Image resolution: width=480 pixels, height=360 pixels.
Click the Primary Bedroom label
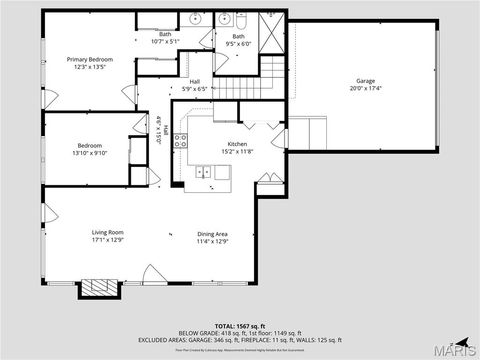[90, 60]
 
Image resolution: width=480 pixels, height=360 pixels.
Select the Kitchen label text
[237, 144]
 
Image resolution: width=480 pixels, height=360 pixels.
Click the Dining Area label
[212, 232]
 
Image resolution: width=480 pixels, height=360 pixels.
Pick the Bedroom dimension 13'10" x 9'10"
[88, 153]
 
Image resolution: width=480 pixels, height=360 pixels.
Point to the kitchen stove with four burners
[181, 141]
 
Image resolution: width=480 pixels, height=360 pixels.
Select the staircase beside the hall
[272, 70]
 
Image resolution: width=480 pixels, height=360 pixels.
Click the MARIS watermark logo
[458, 348]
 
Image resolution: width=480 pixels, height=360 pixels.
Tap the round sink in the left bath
[196, 19]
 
